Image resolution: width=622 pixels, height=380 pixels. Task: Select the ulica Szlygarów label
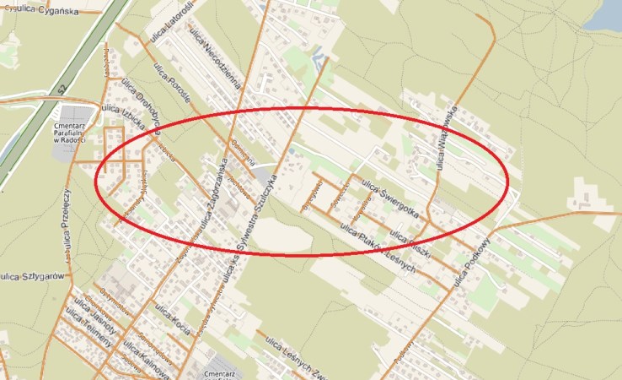tap(34, 275)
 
